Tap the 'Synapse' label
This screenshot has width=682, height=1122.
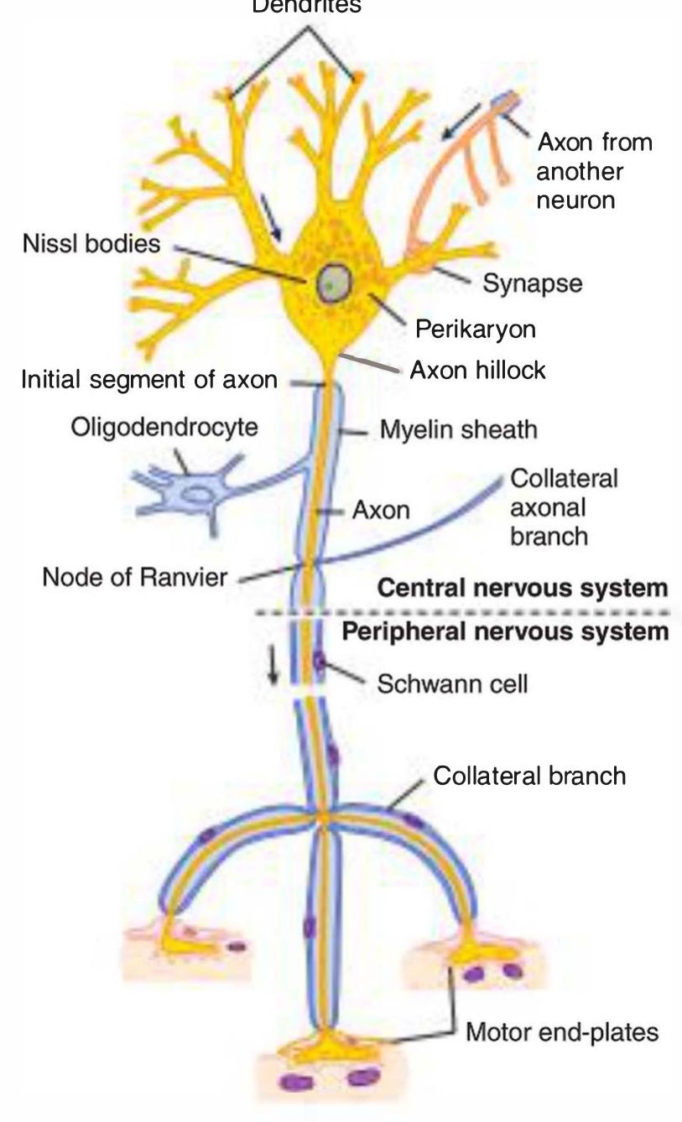pyautogui.click(x=532, y=283)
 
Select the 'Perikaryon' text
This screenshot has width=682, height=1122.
pyautogui.click(x=475, y=329)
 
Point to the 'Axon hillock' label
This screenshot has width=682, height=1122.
pyautogui.click(x=477, y=369)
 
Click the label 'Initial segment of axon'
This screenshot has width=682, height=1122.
pyautogui.click(x=148, y=380)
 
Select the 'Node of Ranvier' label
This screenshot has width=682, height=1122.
pyautogui.click(x=125, y=579)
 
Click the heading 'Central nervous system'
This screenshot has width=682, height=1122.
pyautogui.click(x=523, y=588)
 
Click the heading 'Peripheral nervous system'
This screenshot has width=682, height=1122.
pyautogui.click(x=507, y=631)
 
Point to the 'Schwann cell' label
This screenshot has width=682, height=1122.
pyautogui.click(x=453, y=683)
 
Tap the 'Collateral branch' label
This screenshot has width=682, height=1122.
pyautogui.click(x=529, y=775)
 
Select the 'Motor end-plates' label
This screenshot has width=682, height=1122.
pyautogui.click(x=562, y=1031)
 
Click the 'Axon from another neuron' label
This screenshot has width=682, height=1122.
pyautogui.click(x=594, y=171)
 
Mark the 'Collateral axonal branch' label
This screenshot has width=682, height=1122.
pyautogui.click(x=564, y=507)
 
